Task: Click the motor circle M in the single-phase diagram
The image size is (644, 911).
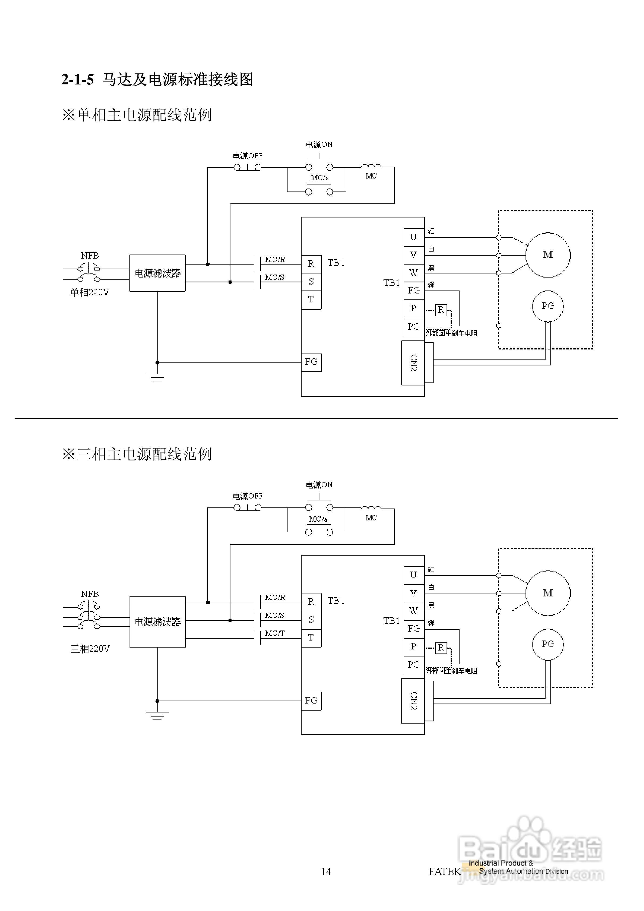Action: pyautogui.click(x=548, y=255)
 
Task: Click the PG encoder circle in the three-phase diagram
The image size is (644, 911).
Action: pyautogui.click(x=548, y=644)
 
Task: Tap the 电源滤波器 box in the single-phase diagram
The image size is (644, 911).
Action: pyautogui.click(x=157, y=273)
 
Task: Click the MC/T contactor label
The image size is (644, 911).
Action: pyautogui.click(x=275, y=633)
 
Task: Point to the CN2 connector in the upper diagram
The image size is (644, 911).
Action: pyautogui.click(x=413, y=363)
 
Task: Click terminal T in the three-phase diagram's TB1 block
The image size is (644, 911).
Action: pyautogui.click(x=311, y=638)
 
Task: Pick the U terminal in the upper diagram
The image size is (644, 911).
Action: pyautogui.click(x=414, y=237)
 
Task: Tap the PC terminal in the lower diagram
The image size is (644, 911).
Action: pyautogui.click(x=414, y=664)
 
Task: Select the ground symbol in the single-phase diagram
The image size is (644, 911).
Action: pyautogui.click(x=157, y=377)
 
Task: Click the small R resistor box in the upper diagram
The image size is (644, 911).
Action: pyautogui.click(x=441, y=309)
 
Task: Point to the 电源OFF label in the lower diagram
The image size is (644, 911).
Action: pyautogui.click(x=247, y=496)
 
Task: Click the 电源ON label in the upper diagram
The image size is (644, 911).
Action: pyautogui.click(x=319, y=144)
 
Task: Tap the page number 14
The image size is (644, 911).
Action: pyautogui.click(x=326, y=871)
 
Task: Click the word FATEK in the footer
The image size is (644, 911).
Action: pyautogui.click(x=444, y=871)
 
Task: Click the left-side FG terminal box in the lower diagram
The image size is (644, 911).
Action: pyautogui.click(x=311, y=700)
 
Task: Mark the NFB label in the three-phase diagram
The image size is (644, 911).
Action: pyautogui.click(x=90, y=594)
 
